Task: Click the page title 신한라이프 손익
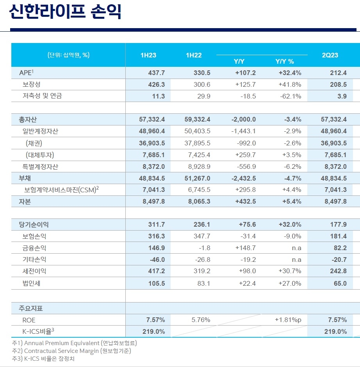65,12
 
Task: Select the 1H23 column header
148,55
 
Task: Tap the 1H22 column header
194,55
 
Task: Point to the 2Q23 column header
330,55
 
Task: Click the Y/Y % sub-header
285,61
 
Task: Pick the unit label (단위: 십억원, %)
68,55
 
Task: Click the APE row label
27,73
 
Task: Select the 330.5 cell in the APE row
202,73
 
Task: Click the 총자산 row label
28,120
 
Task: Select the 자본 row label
25,202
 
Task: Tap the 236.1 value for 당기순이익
202,225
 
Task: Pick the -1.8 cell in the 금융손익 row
205,248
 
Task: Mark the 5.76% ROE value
201,320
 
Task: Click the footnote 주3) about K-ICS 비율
43,358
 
